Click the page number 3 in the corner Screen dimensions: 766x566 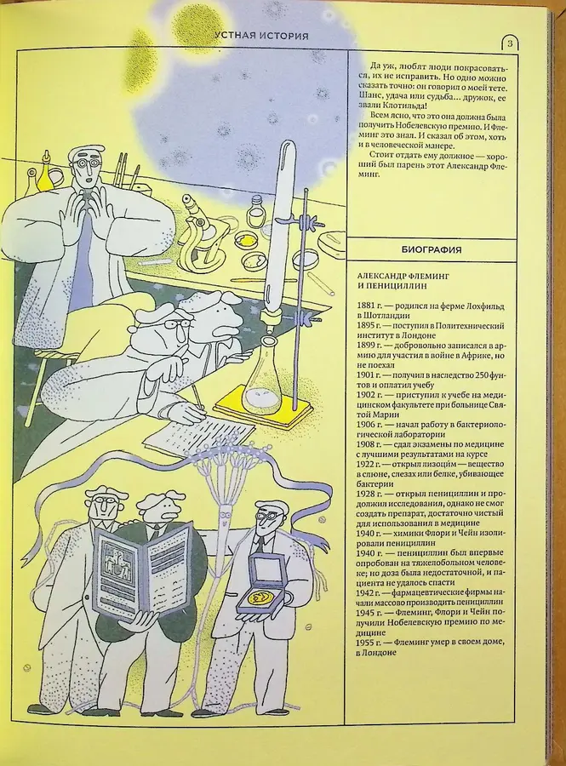[509, 43]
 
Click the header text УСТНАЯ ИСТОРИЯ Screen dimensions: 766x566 [261, 36]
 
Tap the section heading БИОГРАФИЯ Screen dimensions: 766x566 [431, 249]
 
